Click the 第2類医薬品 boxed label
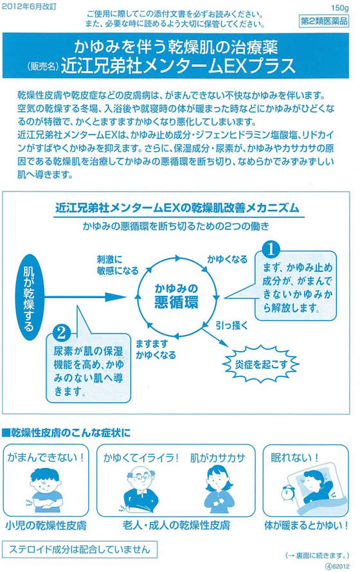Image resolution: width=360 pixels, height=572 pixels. point(323,21)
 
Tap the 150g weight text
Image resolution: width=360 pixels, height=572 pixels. point(339,8)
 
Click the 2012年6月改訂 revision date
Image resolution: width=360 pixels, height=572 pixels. point(29,7)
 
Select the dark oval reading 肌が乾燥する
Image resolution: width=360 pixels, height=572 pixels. point(29,298)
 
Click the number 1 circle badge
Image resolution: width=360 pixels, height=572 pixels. point(271,250)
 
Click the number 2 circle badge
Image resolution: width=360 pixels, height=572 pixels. point(61,333)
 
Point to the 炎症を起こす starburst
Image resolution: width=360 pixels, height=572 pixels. point(261,364)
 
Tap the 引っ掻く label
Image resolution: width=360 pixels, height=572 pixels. point(231,325)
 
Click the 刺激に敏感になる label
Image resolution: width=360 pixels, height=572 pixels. point(118,265)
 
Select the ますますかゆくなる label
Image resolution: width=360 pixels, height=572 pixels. point(156,349)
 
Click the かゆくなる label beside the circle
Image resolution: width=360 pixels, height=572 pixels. point(227,260)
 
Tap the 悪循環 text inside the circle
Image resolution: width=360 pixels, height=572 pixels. point(176,303)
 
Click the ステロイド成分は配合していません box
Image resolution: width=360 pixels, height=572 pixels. point(80,550)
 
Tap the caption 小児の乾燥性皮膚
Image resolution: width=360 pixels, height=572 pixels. point(46,526)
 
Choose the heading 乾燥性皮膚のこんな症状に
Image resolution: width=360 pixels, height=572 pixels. point(66,433)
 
